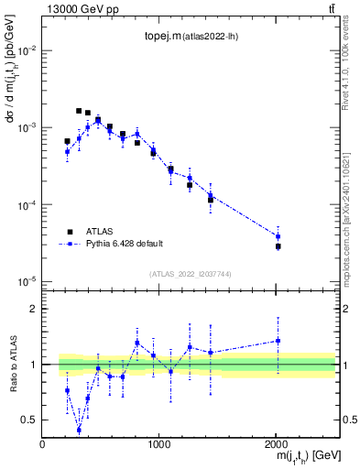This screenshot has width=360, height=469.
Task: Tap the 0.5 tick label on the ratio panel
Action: point(31,420)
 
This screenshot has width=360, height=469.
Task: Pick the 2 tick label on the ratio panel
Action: point(35,310)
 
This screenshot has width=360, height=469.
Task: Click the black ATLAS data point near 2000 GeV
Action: point(278,246)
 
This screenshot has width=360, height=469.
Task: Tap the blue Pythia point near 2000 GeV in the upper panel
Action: point(278,236)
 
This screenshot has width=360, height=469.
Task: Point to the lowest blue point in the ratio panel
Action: point(79,430)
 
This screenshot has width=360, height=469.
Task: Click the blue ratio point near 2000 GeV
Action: point(278,341)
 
